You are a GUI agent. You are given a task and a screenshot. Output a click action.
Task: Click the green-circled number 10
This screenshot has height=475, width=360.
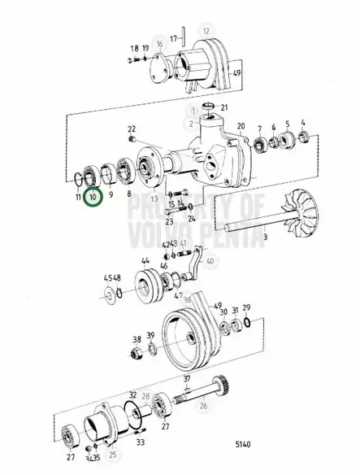(93, 196)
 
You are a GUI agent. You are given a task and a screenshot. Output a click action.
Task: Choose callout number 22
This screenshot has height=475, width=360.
(132, 129)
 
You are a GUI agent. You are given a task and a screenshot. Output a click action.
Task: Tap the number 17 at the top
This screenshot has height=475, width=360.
(173, 37)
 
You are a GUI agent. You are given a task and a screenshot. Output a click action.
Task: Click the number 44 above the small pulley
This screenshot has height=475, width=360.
(145, 262)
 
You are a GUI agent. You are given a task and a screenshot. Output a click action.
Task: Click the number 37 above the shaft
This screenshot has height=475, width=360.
(187, 381)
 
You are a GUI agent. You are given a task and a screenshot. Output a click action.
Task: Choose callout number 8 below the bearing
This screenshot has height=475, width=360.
(129, 196)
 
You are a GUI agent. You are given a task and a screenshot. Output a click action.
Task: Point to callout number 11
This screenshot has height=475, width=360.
(76, 196)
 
